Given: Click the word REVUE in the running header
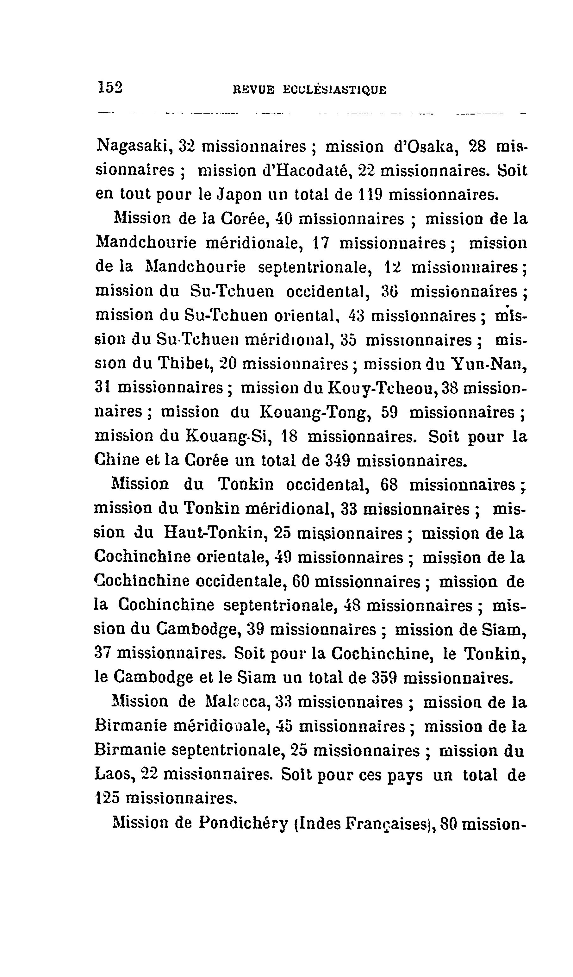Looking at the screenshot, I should coord(253,90).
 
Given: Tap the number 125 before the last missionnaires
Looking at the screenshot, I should coord(107,799).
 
